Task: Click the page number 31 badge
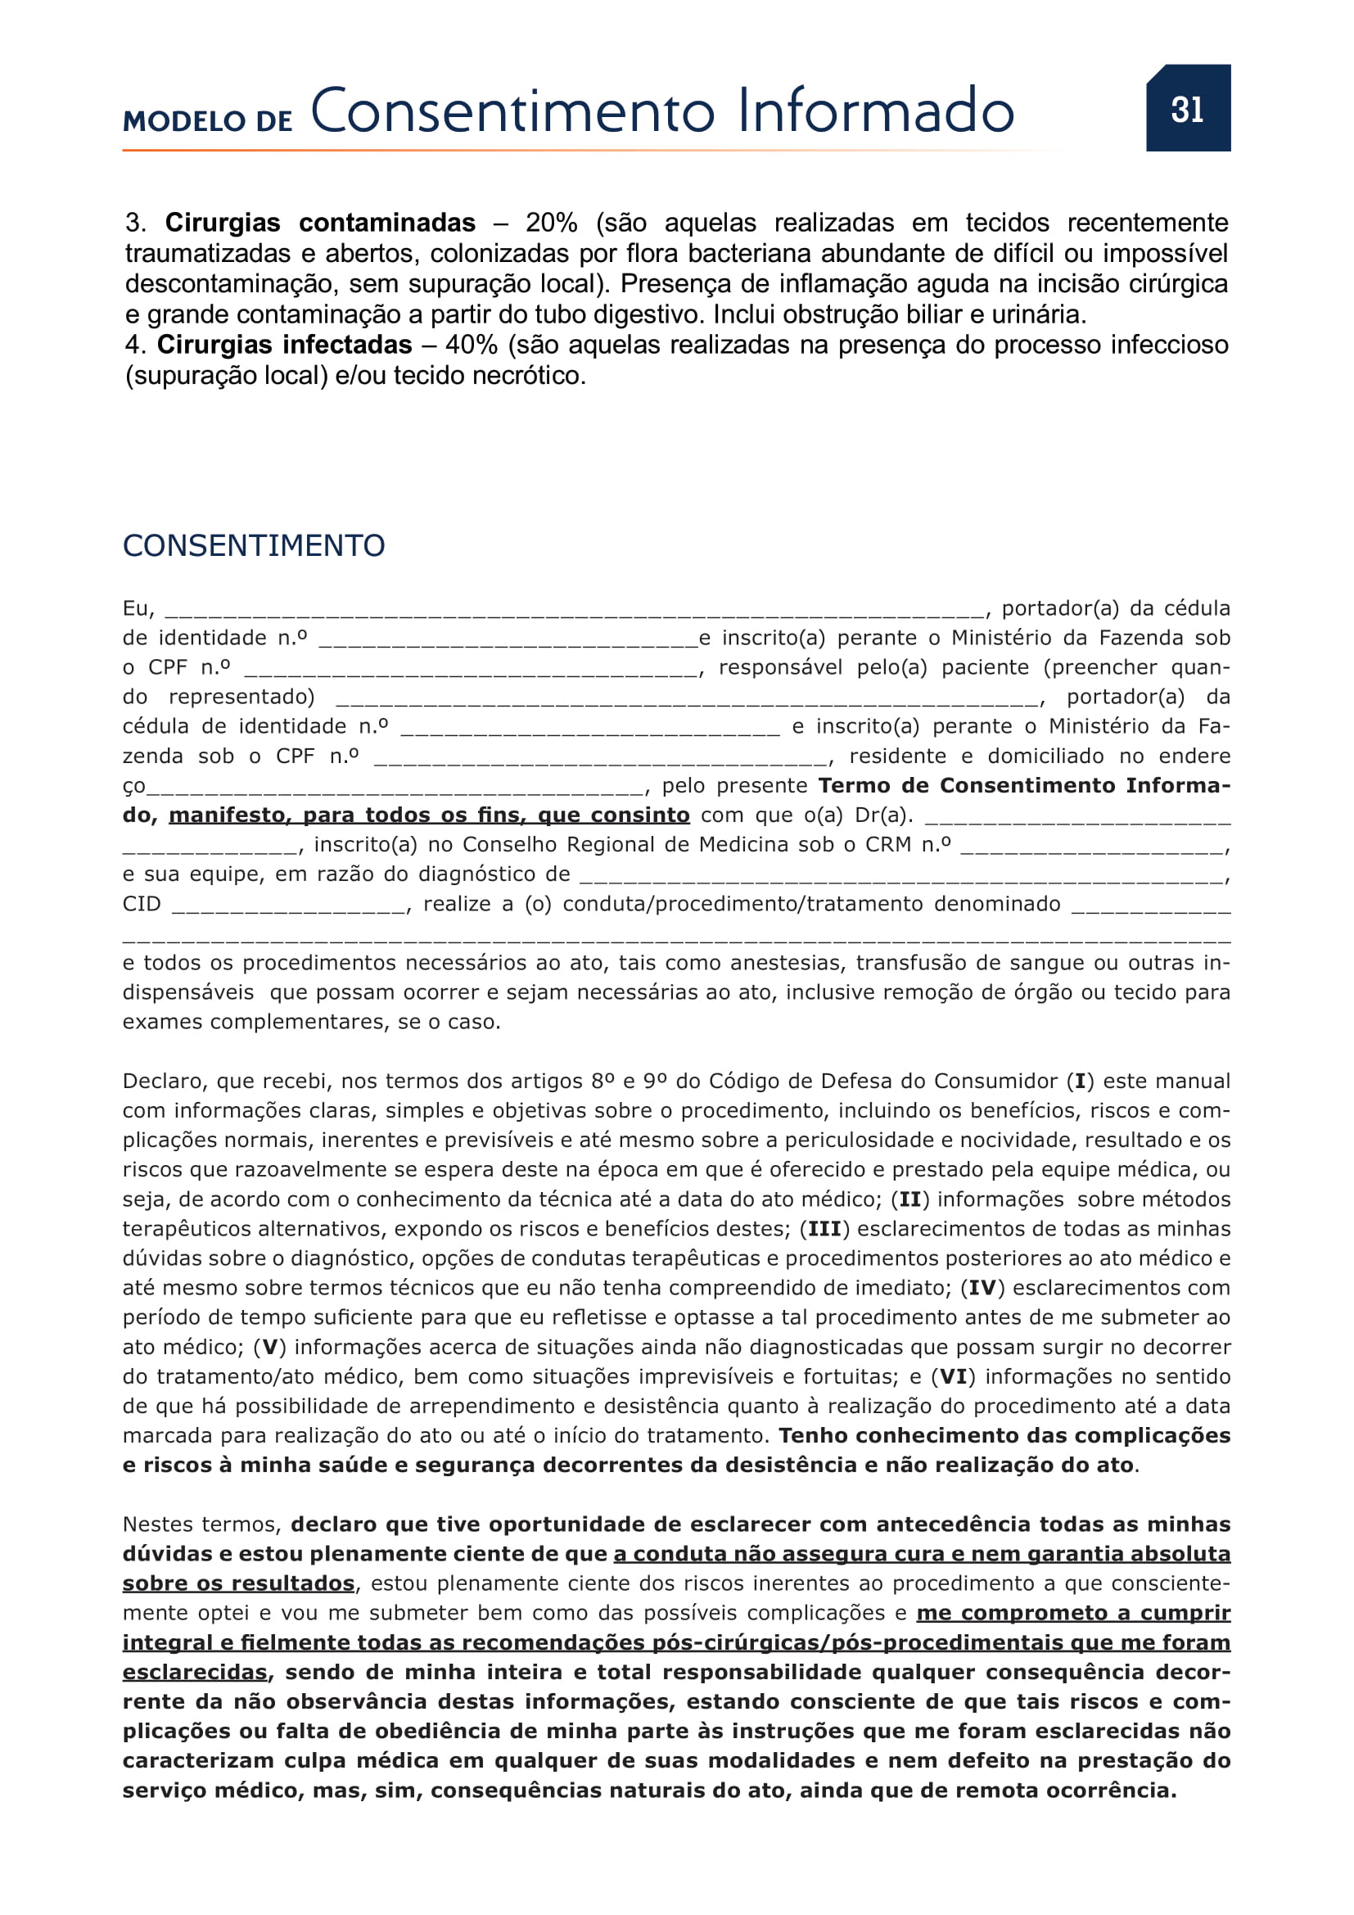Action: pos(1187,108)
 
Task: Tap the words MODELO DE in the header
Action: pos(208,122)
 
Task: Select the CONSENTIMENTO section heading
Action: pos(254,545)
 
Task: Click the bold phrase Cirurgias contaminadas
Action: pos(320,223)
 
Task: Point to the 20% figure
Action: pos(551,223)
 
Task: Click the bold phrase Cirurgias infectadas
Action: pos(284,345)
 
